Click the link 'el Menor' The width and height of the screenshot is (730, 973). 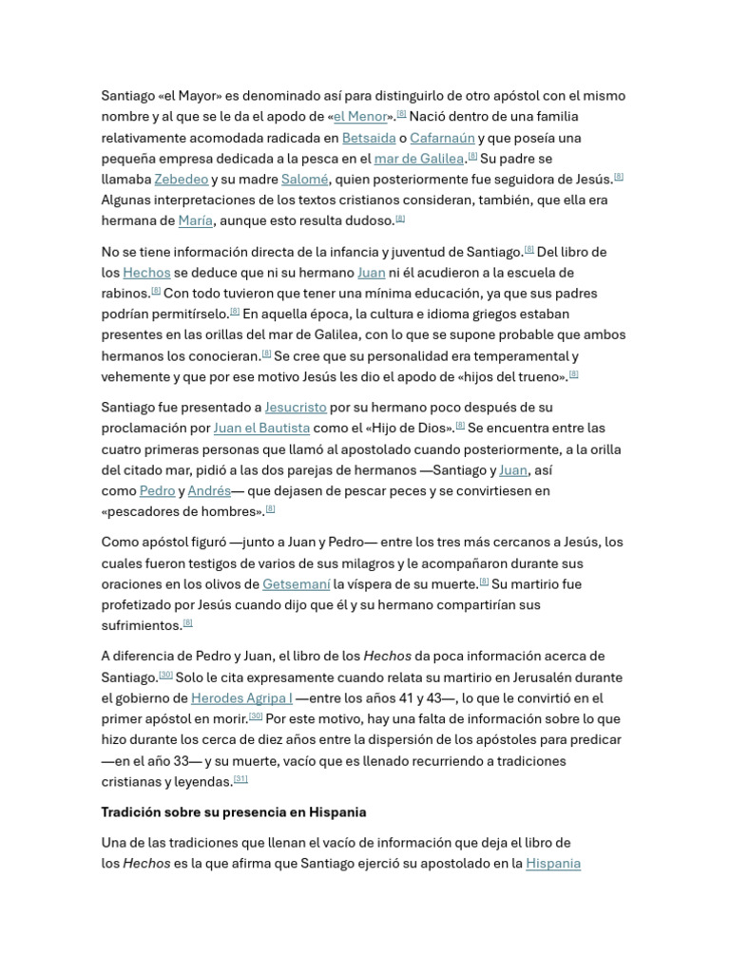pyautogui.click(x=360, y=117)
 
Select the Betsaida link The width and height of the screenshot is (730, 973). pyautogui.click(x=368, y=138)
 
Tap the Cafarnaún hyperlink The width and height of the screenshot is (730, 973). pyautogui.click(x=442, y=138)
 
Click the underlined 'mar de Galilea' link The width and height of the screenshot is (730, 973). pyautogui.click(x=418, y=159)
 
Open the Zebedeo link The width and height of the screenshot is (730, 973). pyautogui.click(x=181, y=180)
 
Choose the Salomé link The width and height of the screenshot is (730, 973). pyautogui.click(x=304, y=180)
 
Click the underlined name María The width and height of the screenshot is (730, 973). pyautogui.click(x=195, y=221)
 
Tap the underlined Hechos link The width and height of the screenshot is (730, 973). pyautogui.click(x=146, y=273)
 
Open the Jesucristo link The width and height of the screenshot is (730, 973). pyautogui.click(x=295, y=408)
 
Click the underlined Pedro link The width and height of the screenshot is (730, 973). pyautogui.click(x=157, y=491)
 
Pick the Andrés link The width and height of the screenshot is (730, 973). pyautogui.click(x=209, y=491)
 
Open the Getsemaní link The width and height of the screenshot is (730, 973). pyautogui.click(x=296, y=584)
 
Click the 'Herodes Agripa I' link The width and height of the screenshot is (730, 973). pyautogui.click(x=241, y=698)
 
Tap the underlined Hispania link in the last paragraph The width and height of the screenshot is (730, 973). pyautogui.click(x=552, y=864)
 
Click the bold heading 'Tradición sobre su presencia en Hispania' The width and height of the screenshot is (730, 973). pyautogui.click(x=234, y=812)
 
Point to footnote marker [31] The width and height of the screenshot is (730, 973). pyautogui.click(x=240, y=780)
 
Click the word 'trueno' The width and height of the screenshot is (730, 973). pyautogui.click(x=539, y=376)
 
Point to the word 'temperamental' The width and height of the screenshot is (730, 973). pyautogui.click(x=524, y=356)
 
